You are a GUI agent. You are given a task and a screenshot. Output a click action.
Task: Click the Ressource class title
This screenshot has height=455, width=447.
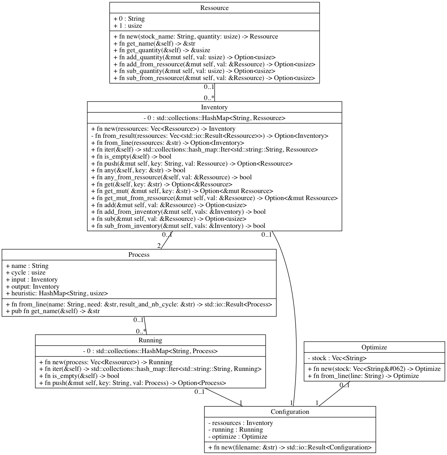214,8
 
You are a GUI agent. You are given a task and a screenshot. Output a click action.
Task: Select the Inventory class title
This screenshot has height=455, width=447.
214,107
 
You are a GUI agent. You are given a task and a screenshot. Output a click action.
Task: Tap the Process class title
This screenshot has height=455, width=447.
139,255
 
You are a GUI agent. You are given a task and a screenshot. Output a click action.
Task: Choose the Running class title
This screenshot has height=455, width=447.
150,340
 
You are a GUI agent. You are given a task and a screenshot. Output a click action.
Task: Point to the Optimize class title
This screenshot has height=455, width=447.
374,347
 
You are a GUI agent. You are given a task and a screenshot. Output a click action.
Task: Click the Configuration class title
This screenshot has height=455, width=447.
290,412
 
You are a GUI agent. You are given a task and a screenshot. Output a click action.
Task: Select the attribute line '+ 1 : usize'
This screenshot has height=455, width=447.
128,26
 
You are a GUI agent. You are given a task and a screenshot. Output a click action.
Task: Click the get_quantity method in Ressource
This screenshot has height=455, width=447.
162,50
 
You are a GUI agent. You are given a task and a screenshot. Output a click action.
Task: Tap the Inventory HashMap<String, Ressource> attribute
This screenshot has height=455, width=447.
214,118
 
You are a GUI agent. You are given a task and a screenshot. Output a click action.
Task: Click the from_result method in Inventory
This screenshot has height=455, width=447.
209,136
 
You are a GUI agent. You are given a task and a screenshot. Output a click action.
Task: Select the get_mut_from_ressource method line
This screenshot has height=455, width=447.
214,198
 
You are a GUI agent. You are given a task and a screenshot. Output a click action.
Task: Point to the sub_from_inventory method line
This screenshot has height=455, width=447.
178,226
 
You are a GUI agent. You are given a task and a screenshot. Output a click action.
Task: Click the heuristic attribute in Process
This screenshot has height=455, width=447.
57,293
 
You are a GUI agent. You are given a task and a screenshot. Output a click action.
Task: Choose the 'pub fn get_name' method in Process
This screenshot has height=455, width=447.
53,311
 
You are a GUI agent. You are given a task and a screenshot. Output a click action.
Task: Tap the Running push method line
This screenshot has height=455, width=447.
132,383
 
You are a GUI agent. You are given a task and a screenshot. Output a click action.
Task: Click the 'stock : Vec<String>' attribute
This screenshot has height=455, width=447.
337,358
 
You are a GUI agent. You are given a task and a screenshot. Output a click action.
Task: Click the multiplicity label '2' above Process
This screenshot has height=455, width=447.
159,246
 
